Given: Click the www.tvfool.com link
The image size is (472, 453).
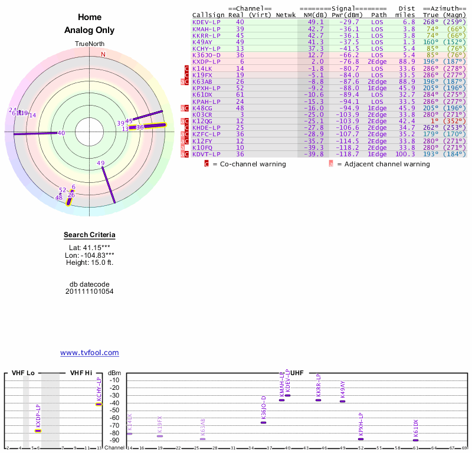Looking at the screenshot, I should [90, 353].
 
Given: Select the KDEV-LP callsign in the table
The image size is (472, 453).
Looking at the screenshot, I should [206, 22].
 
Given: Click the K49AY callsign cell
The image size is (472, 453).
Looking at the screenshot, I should [202, 42].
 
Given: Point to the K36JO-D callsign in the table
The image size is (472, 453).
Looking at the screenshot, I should [206, 55].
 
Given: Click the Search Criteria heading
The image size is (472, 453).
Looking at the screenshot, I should [90, 235].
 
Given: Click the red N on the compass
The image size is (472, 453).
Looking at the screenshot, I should [103, 54].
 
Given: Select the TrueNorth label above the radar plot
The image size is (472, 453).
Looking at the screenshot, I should [89, 44].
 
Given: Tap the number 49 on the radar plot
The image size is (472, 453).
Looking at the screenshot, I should [101, 163].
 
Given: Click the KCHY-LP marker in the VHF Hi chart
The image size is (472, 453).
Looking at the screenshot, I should [99, 404].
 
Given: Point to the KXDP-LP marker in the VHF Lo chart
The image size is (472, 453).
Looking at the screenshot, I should [38, 431].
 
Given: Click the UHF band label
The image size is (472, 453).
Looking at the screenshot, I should [297, 373].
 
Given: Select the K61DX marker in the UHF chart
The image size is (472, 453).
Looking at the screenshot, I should [415, 440].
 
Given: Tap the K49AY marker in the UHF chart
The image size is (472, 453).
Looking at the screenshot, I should [342, 401].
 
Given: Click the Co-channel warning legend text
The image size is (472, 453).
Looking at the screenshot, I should [249, 164].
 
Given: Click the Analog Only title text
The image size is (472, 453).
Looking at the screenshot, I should [90, 30].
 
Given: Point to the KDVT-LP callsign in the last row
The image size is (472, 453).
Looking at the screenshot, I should [206, 154].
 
